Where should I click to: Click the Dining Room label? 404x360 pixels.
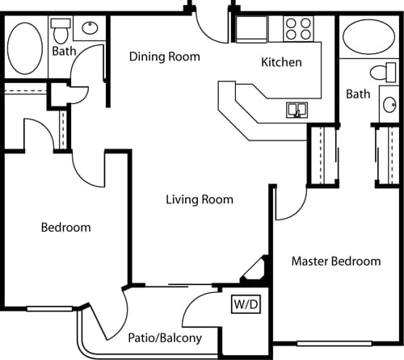click(165, 57)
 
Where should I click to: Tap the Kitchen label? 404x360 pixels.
click(282, 62)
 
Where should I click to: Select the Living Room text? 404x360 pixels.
click(200, 199)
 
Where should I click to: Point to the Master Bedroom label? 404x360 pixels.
click(335, 262)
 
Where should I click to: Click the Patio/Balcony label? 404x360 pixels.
click(164, 338)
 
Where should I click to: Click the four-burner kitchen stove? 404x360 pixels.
click(299, 29)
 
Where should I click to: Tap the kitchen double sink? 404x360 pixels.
click(297, 108)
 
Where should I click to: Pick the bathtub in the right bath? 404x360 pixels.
click(364, 37)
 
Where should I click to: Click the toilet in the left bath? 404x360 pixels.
click(61, 31)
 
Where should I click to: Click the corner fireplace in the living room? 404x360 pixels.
click(258, 271)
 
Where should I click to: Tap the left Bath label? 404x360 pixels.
click(64, 51)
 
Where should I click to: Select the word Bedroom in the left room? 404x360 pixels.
click(65, 228)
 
